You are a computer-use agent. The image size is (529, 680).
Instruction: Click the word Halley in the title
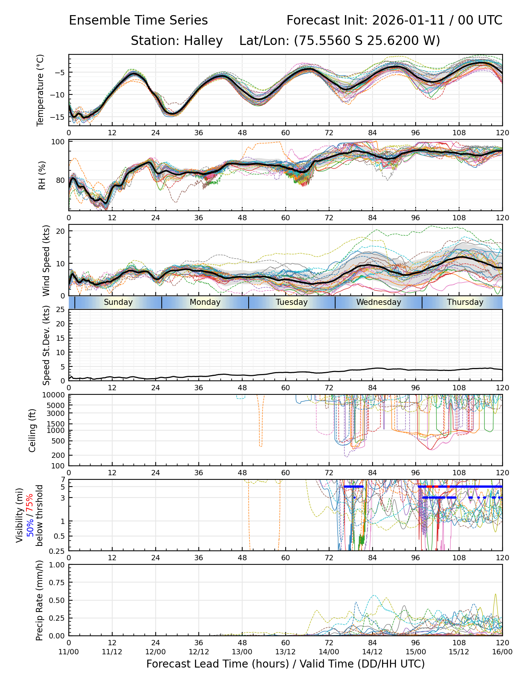coord(203,40)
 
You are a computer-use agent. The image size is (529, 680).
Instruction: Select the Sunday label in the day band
coord(118,302)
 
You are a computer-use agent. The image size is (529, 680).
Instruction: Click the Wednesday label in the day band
coord(379,302)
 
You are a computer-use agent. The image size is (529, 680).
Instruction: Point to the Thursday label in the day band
coord(465,302)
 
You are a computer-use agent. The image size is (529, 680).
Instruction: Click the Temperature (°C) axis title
coord(40,90)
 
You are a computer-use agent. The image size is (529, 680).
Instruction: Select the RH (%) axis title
coord(42,175)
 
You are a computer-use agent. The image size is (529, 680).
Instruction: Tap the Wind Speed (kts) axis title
coord(46,260)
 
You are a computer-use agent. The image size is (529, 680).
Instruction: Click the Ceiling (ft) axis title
coord(32,430)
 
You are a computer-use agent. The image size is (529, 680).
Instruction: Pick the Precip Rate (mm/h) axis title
coord(39,600)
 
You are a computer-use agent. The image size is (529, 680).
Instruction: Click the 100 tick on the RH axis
coord(58,142)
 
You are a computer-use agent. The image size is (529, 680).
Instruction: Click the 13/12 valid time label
coord(285,652)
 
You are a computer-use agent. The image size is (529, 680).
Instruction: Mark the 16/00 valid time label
coord(502,652)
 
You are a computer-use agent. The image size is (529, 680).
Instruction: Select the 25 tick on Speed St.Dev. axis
coord(60,310)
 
